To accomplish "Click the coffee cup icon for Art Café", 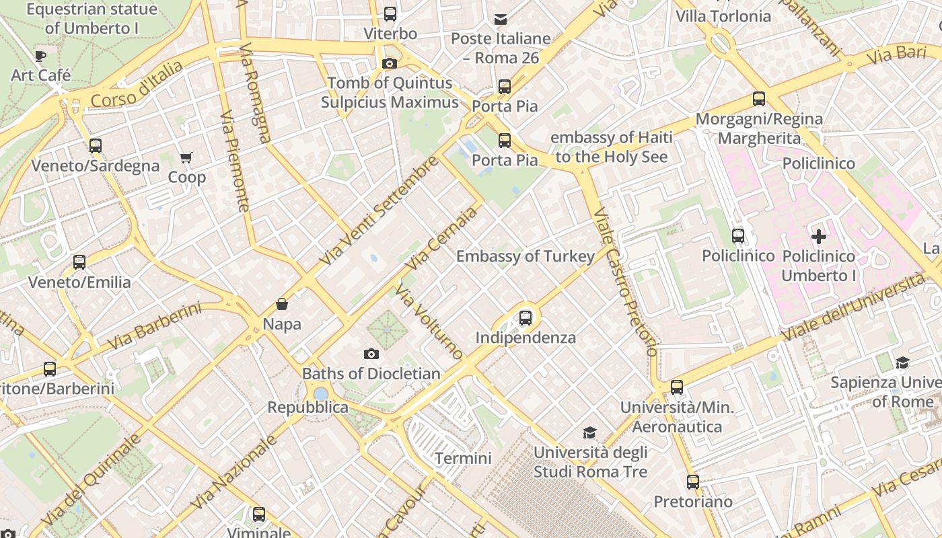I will coord(40,56).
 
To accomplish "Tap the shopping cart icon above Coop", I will coord(186,158).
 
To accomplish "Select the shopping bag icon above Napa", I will coord(282,305).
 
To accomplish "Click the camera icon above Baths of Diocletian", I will coord(371,354).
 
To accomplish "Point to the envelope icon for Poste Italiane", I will coord(501,19).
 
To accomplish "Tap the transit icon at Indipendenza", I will coord(526,318).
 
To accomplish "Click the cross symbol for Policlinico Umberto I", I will coord(819,237).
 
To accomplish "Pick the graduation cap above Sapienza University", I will coord(902,363).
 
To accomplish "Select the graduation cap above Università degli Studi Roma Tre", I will coord(590,432).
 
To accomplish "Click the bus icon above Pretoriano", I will coord(693,482).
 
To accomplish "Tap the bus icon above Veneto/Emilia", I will coord(79,262).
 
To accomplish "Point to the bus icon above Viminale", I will coord(259,514).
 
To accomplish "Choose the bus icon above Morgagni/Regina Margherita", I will coord(759,99).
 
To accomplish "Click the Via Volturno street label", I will coord(429,321).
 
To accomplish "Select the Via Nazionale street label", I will coord(233,472).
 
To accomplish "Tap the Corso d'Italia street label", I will coord(136,84).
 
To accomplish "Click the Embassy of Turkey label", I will coord(526,256).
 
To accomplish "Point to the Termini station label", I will coord(463,459).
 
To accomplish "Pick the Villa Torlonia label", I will coord(723,16).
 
